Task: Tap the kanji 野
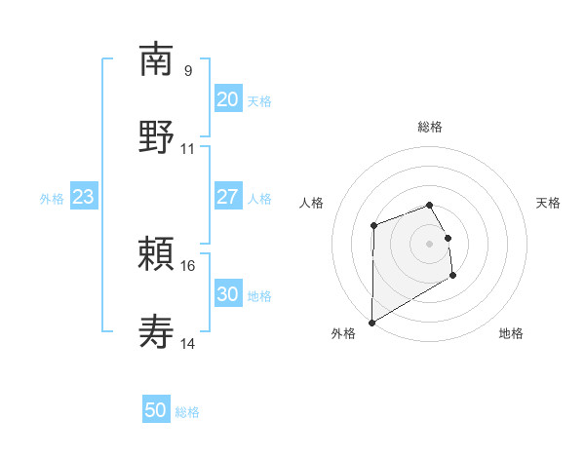point(156,136)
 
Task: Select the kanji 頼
point(156,254)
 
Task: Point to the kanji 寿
point(156,332)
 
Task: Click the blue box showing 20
point(227,99)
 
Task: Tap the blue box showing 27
point(227,198)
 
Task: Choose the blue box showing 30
point(227,295)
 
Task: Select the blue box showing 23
point(84,198)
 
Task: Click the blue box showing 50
point(156,410)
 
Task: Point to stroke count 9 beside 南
point(187,71)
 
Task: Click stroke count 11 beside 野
point(188,149)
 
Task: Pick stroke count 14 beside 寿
point(188,344)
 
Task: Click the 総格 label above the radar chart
point(430,127)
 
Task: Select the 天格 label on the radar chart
point(548,203)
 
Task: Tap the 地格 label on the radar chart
point(511,334)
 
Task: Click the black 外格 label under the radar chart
point(343,334)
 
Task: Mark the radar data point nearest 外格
point(371,322)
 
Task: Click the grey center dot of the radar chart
point(429,243)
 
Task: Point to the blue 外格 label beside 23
point(52,199)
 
